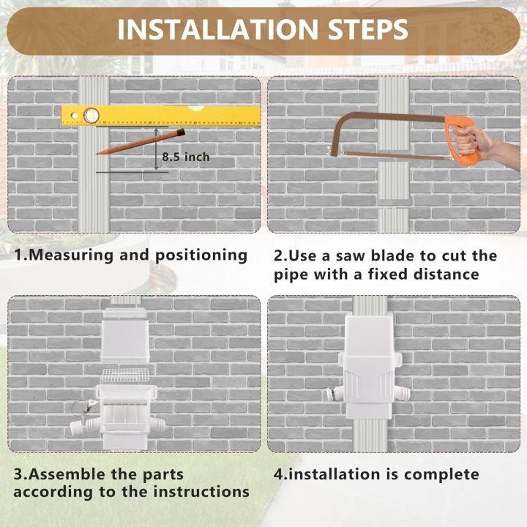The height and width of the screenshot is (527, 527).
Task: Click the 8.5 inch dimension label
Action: (x=186, y=157)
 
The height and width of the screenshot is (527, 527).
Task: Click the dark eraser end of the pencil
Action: (x=180, y=132)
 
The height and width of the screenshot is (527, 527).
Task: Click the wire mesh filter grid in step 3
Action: (x=125, y=376)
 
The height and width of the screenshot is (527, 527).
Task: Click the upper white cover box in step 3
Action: (x=125, y=333)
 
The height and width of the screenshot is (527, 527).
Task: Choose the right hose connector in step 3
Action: (x=167, y=424)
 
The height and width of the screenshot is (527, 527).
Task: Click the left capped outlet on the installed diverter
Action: (x=334, y=393)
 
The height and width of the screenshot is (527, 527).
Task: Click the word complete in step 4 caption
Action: (x=444, y=474)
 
